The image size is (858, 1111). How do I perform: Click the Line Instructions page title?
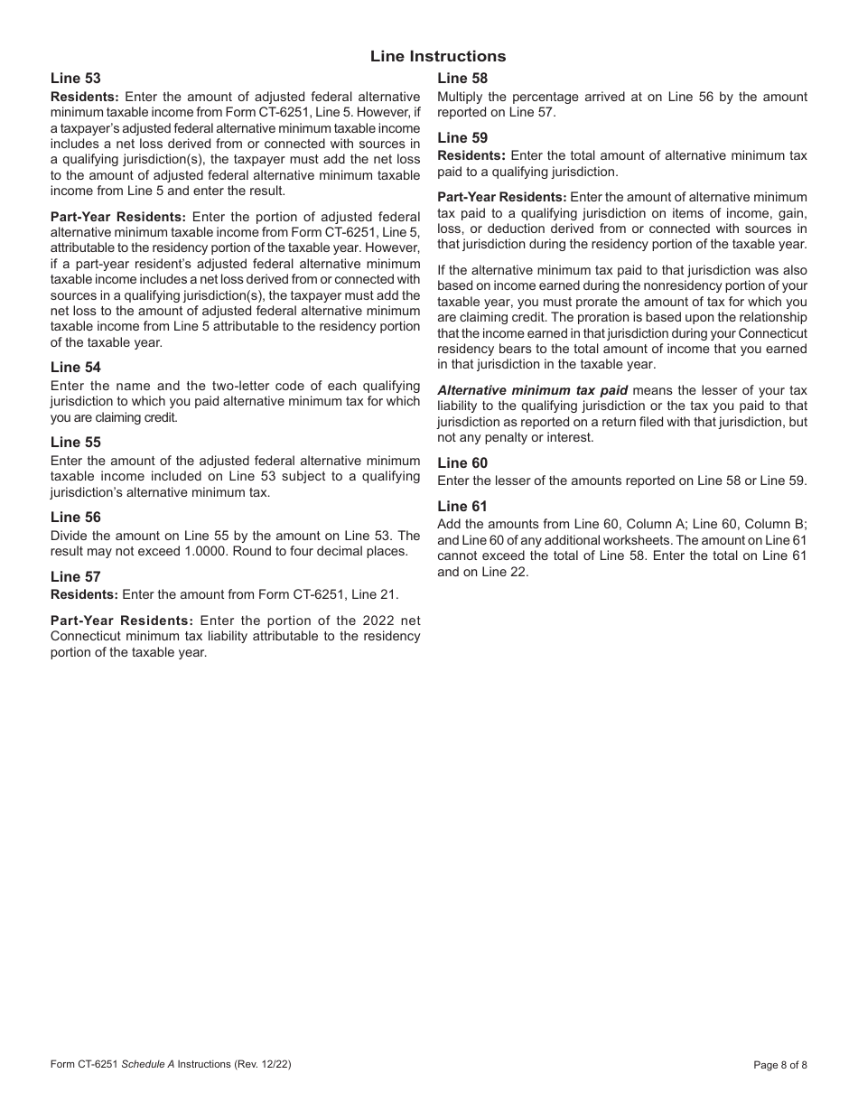tap(438, 56)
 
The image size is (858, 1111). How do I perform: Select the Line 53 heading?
tap(76, 79)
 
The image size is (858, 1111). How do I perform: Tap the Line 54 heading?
tap(76, 368)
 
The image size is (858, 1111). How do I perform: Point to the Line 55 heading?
tap(76, 443)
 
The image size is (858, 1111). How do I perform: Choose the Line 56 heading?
tap(76, 518)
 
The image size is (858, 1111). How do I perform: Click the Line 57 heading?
tap(76, 577)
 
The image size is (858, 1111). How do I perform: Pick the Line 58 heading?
tap(462, 79)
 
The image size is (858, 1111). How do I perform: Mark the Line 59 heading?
tap(462, 138)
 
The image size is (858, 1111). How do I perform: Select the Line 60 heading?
tap(462, 463)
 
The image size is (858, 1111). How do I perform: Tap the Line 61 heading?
tap(462, 507)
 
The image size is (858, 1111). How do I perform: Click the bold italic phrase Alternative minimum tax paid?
tap(533, 390)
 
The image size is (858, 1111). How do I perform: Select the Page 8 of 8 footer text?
tap(780, 1065)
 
